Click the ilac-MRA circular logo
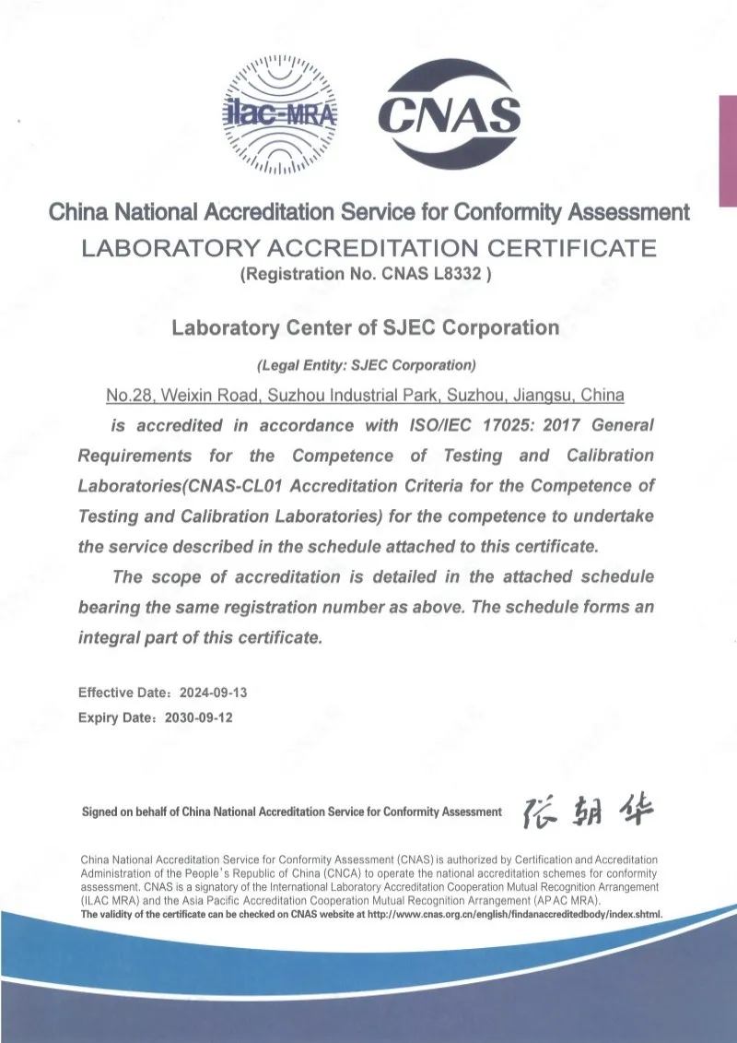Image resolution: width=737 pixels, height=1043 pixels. (x=282, y=113)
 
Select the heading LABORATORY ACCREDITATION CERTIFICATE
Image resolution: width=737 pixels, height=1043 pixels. (x=368, y=248)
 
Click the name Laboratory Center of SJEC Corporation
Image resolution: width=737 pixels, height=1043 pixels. (x=366, y=327)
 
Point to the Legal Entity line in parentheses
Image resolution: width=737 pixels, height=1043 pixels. (x=366, y=363)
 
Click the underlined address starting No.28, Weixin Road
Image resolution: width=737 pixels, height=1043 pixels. (x=366, y=396)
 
